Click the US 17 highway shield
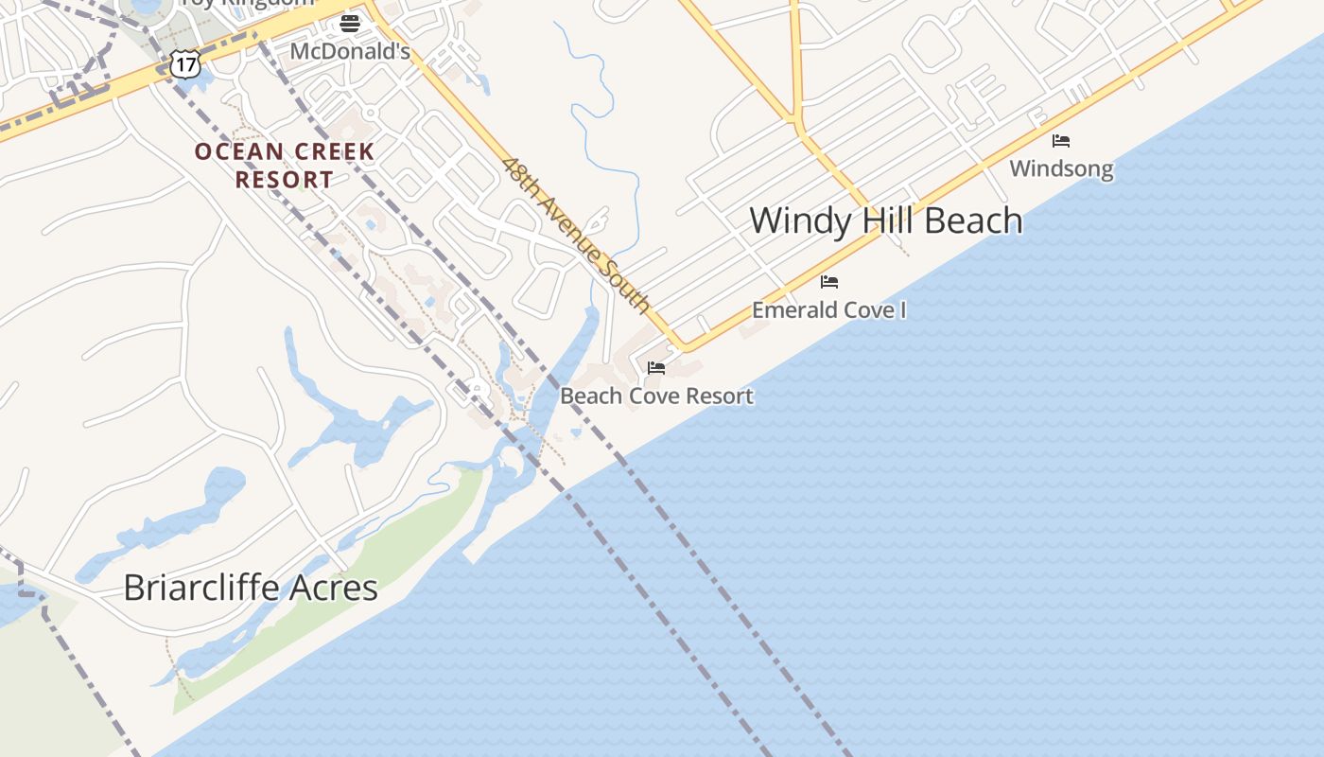[x=184, y=64]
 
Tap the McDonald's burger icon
[x=350, y=23]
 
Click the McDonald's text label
[x=350, y=51]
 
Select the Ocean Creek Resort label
[x=285, y=165]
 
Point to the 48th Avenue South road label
[x=576, y=236]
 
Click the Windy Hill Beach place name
[x=886, y=220]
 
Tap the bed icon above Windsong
[x=1061, y=141]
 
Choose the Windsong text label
[x=1061, y=169]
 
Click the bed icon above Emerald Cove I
[x=829, y=282]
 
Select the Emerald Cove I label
[x=829, y=309]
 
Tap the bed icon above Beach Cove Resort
[x=656, y=367]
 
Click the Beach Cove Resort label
[x=657, y=396]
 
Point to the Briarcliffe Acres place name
[x=251, y=588]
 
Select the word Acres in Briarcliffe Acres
[x=335, y=588]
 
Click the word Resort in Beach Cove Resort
[x=719, y=396]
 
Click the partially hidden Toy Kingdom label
[x=248, y=4]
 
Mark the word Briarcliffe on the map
[x=203, y=588]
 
